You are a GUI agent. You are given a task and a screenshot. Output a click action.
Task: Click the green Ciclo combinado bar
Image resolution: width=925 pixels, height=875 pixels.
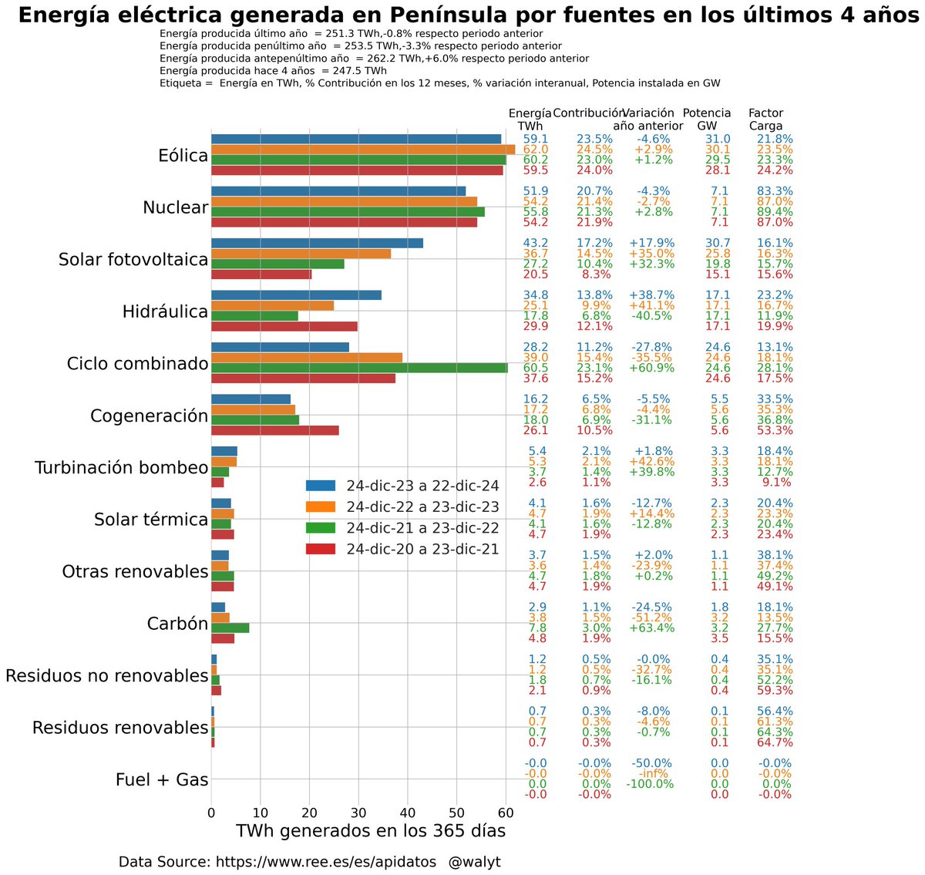click(x=359, y=368)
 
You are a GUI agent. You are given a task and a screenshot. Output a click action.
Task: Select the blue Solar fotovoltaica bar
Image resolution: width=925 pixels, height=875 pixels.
click(x=317, y=243)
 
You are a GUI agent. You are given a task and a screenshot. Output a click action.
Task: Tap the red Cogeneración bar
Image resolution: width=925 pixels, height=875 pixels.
click(x=274, y=430)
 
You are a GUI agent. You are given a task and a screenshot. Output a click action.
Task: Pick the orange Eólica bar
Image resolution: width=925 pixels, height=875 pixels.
click(x=362, y=150)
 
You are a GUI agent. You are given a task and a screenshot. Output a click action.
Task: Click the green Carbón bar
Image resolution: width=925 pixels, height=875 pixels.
click(x=230, y=628)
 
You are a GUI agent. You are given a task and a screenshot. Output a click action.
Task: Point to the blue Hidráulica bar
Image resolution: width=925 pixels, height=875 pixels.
click(x=296, y=295)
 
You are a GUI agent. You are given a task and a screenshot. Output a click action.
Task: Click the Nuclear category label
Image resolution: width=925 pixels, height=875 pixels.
click(x=175, y=207)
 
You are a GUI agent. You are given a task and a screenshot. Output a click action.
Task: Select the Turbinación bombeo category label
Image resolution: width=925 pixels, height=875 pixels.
click(x=121, y=468)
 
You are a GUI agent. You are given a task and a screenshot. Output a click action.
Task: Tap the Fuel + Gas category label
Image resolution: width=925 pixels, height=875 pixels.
click(x=162, y=779)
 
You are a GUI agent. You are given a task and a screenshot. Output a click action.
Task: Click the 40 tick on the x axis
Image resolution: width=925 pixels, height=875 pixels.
click(x=408, y=813)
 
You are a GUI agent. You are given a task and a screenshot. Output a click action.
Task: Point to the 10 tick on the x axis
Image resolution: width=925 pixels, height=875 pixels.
click(x=261, y=813)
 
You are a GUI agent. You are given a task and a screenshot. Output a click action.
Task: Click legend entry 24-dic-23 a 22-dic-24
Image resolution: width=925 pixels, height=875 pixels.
click(x=422, y=486)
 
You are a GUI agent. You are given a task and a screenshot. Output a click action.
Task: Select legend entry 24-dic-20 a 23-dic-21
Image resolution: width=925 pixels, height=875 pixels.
click(x=422, y=549)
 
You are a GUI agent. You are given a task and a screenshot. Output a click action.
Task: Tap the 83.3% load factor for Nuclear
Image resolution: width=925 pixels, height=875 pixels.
click(x=774, y=191)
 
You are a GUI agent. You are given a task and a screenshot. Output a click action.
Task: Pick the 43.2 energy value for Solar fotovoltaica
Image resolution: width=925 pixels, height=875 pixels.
click(x=536, y=243)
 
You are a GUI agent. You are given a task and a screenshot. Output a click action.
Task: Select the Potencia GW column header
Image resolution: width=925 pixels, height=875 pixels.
click(x=706, y=119)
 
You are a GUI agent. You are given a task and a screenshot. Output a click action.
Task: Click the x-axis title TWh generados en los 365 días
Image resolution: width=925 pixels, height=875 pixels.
click(x=371, y=831)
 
